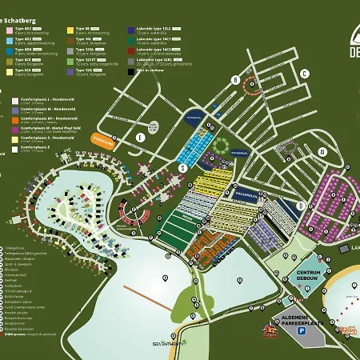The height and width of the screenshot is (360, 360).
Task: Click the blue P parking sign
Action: [x=302, y=330]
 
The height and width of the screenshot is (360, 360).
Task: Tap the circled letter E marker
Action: [x=141, y=137]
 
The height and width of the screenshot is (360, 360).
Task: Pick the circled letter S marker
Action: [x=182, y=169]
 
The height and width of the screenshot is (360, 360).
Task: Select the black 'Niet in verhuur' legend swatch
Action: [x=130, y=70]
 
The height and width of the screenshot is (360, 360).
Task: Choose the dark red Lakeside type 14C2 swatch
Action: [x=130, y=50]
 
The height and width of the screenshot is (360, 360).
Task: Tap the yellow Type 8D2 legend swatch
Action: [x=70, y=29]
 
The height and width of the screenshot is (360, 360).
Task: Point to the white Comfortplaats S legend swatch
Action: [x=15, y=148]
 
